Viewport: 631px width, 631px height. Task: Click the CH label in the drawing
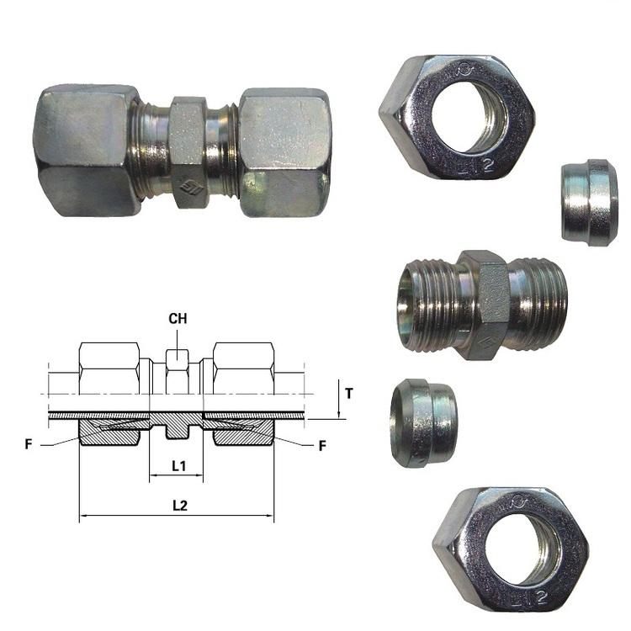pos(178,318)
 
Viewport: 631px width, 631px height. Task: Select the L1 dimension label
pos(178,466)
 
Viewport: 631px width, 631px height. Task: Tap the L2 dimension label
pos(180,506)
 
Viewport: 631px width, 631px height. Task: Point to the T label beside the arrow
pos(349,393)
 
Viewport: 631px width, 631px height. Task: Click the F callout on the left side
pos(29,444)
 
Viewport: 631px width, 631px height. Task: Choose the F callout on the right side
pos(322,445)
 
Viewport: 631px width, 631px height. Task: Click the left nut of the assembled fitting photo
pos(87,151)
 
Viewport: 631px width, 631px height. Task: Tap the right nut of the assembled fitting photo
pos(285,152)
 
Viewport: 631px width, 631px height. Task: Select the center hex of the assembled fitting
pos(188,152)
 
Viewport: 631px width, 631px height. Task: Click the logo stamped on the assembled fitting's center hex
pos(188,186)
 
